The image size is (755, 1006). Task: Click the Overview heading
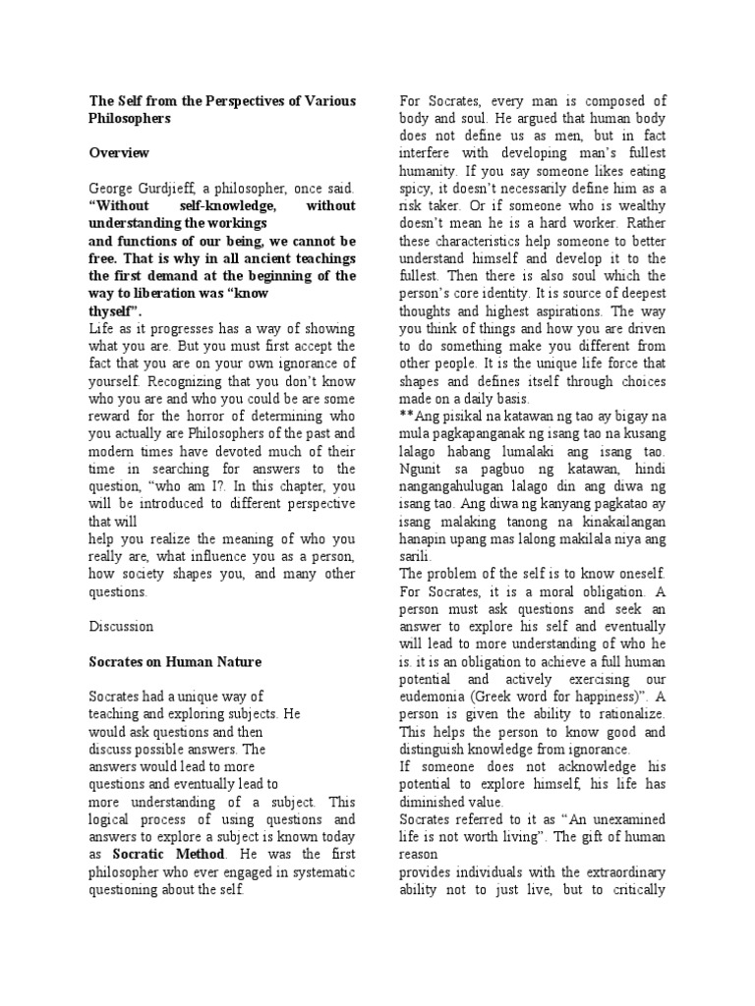(x=120, y=152)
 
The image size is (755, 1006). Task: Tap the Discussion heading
(x=122, y=626)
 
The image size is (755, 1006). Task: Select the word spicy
(x=422, y=189)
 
